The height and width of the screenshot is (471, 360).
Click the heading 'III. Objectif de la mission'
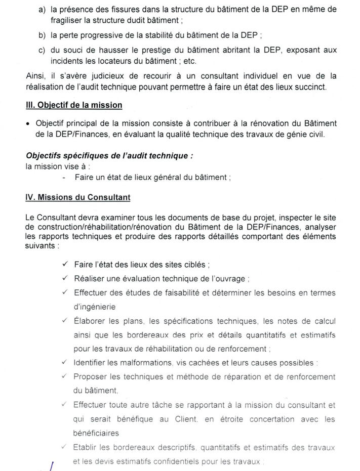(x=74, y=105)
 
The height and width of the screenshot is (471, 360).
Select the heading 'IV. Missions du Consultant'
(x=78, y=197)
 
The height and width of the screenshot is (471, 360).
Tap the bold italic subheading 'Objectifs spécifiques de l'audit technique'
(x=109, y=156)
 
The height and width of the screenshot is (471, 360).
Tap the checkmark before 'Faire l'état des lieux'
(x=64, y=264)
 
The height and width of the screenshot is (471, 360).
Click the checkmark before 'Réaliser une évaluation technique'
(x=64, y=278)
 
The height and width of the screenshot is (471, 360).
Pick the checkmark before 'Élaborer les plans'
(x=64, y=321)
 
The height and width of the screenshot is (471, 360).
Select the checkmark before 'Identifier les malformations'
(x=64, y=363)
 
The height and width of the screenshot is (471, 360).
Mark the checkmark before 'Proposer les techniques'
(x=64, y=377)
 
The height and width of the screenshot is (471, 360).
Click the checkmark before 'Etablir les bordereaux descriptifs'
(x=64, y=447)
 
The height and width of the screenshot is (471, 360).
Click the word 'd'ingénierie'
(x=95, y=306)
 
